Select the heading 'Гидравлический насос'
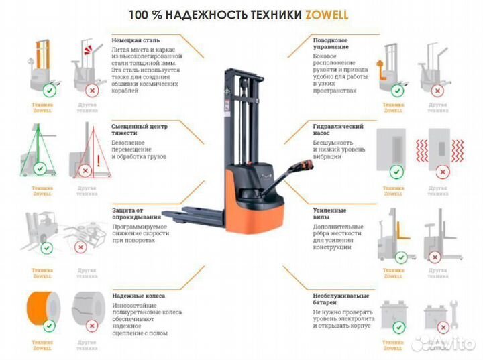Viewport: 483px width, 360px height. (338, 130)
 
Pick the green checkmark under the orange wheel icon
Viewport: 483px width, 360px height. (49, 326)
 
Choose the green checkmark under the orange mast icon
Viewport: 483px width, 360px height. (49, 88)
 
